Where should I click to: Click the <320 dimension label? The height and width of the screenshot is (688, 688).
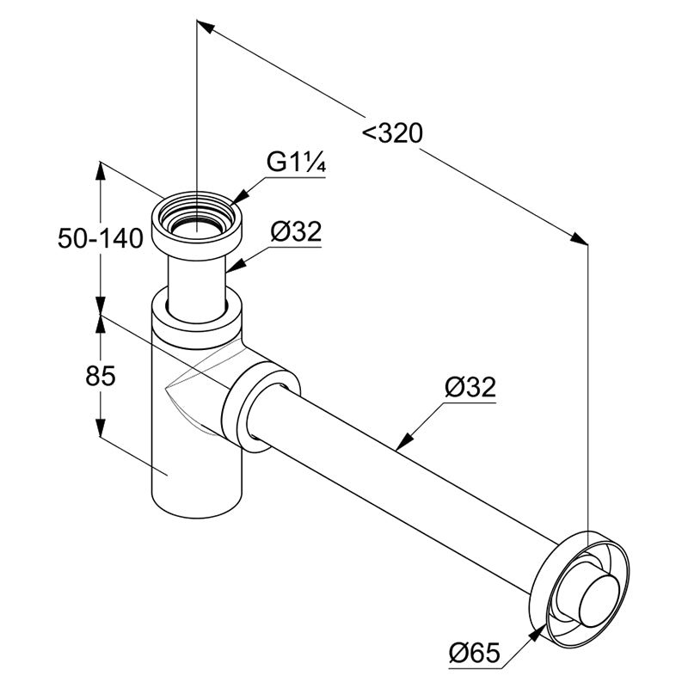coord(392,133)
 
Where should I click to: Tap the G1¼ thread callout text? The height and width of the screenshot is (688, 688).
coord(296,163)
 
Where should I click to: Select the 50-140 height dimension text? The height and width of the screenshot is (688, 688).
coord(101,239)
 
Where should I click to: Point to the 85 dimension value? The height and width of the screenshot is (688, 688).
coord(101,376)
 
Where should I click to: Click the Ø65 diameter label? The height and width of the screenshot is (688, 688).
coord(475,653)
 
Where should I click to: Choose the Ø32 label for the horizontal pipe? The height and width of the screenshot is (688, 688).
coord(470,386)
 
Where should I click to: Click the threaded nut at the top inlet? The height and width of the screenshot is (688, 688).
coord(197,224)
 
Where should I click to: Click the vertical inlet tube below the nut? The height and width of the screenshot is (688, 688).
coord(197,287)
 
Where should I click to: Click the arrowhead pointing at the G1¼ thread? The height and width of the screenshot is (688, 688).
coord(238,198)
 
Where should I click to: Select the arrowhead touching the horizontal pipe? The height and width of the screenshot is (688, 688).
coord(404,441)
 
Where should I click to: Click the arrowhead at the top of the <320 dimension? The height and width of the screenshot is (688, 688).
coord(206,26)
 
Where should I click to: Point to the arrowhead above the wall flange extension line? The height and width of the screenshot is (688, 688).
coord(579,239)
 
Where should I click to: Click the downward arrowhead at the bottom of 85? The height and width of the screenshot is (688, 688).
coord(101,426)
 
